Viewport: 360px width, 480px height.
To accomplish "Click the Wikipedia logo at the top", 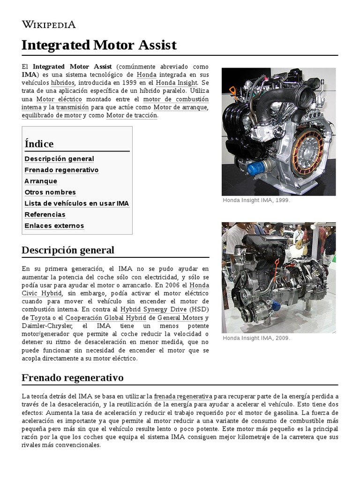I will click(48, 24).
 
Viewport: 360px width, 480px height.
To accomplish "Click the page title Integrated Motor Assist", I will click(99, 45).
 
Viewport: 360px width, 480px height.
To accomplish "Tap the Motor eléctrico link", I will click(59, 99).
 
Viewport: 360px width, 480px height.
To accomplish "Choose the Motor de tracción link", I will click(132, 115).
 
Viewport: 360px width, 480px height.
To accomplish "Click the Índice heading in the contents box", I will click(39, 144).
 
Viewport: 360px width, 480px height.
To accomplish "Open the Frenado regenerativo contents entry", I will click(61, 170).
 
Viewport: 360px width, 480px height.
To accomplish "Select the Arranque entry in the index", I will click(41, 181).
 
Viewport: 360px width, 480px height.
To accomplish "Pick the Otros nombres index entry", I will click(50, 192).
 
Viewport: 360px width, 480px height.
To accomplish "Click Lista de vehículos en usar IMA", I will click(76, 203).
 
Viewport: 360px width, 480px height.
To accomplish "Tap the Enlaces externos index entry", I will click(54, 226).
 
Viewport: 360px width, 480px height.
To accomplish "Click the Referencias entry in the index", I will click(45, 215).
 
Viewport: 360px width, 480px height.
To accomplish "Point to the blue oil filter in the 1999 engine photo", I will click(256, 168).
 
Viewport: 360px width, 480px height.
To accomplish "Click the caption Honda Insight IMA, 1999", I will click(256, 200).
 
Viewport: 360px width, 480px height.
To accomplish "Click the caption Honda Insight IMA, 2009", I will click(256, 338).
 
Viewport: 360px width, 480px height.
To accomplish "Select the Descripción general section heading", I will click(68, 250).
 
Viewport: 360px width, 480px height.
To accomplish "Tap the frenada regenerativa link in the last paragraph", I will click(183, 396).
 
